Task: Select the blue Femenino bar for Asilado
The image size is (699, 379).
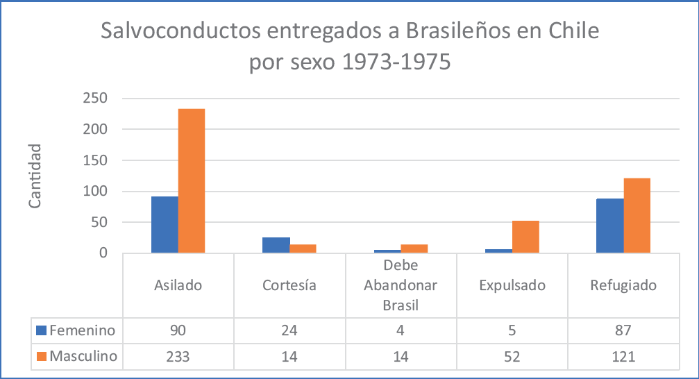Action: (165, 225)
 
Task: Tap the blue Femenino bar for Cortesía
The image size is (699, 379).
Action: (276, 245)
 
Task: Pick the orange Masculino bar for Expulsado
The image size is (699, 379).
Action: (525, 237)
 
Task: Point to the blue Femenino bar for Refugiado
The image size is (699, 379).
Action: (610, 226)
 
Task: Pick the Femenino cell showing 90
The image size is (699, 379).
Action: (178, 330)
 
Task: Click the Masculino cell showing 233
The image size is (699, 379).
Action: (178, 357)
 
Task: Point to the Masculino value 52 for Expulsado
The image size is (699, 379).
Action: (512, 357)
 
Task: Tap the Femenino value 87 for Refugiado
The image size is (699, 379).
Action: (623, 330)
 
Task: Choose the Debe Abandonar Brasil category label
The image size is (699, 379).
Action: (401, 285)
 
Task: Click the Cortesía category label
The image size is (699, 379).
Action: (289, 285)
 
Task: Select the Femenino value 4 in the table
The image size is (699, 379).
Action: (401, 330)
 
